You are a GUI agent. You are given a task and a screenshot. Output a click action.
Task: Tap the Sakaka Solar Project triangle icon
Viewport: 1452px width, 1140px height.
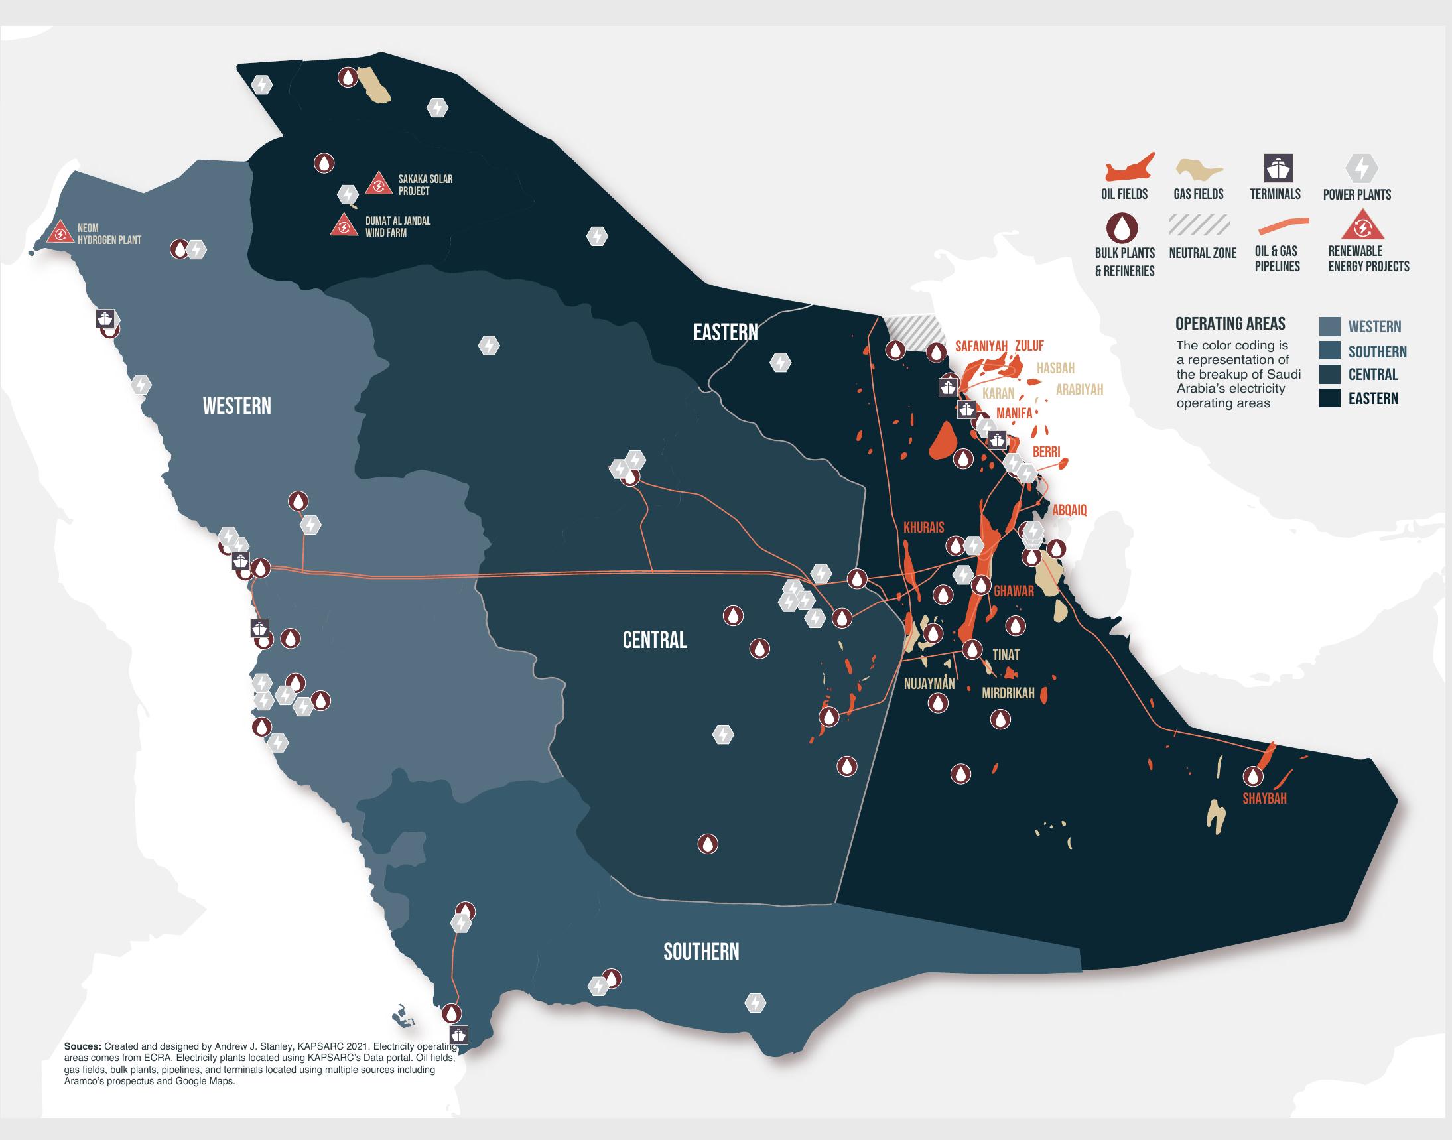pos(379,184)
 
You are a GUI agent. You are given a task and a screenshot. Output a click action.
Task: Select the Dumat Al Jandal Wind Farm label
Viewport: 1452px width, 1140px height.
pos(397,227)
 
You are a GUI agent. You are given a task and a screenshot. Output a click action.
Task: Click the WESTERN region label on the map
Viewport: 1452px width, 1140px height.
pos(237,406)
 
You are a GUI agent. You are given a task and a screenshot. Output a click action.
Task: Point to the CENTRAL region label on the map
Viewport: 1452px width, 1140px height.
pos(654,640)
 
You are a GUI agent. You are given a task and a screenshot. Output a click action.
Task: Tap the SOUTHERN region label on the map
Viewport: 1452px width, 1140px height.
pos(701,951)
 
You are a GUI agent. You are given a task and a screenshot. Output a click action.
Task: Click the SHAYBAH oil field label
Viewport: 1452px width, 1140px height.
pos(1264,798)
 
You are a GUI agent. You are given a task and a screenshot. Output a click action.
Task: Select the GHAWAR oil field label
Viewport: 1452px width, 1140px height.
pos(1014,591)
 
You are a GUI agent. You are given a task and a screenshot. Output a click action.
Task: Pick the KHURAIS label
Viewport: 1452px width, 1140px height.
pos(924,527)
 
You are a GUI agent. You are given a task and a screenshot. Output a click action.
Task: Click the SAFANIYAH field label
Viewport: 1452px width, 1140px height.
pos(980,346)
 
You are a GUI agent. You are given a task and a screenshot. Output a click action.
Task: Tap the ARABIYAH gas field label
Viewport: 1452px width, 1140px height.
pos(1079,389)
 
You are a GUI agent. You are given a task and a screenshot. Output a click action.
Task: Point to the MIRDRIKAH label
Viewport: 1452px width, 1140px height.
pos(1008,694)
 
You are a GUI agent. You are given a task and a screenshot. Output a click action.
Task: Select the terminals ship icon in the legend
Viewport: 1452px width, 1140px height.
pos(1278,168)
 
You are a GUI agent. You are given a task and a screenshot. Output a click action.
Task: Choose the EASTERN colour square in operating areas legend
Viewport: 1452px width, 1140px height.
pos(1330,399)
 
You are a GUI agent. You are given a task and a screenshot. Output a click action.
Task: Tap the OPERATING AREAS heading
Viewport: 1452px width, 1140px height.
pos(1230,324)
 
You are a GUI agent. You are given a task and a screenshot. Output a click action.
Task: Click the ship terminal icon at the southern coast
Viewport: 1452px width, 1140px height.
pos(458,1035)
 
